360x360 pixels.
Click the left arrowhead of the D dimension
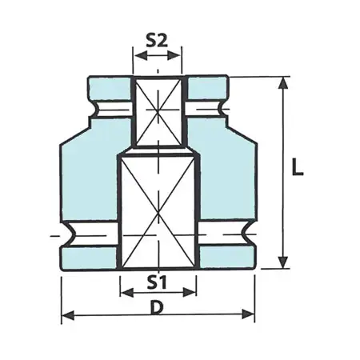[x=66, y=314]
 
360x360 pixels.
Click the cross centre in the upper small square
[x=158, y=112]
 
